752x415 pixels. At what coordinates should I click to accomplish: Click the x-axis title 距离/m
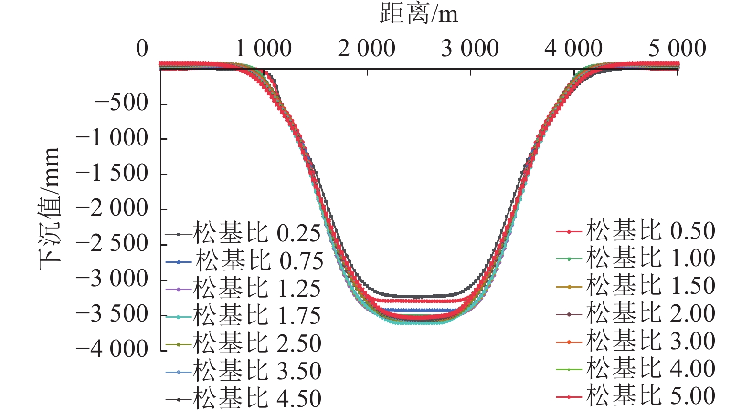pyautogui.click(x=419, y=14)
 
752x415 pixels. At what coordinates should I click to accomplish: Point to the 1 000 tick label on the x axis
pyautogui.click(x=263, y=49)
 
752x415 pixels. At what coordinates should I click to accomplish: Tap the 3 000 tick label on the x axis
pyautogui.click(x=470, y=49)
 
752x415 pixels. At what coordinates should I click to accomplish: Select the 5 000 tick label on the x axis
pyautogui.click(x=677, y=49)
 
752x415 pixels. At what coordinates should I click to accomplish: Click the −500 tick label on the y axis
pyautogui.click(x=121, y=103)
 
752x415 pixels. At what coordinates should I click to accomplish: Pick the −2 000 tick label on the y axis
pyautogui.click(x=112, y=208)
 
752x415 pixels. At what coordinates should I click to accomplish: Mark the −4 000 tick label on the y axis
pyautogui.click(x=112, y=349)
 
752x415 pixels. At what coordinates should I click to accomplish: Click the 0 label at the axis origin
pyautogui.click(x=142, y=49)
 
